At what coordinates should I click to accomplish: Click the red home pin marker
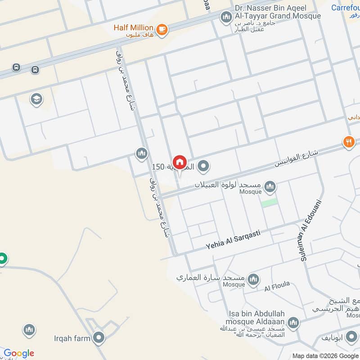pyautogui.click(x=180, y=162)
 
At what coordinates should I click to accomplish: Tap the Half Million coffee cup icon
pyautogui.click(x=162, y=30)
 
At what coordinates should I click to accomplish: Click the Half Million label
pyautogui.click(x=133, y=28)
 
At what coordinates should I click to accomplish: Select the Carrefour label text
pyautogui.click(x=345, y=8)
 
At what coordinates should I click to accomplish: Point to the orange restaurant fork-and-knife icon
pyautogui.click(x=349, y=142)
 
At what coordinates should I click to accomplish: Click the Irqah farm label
pyautogui.click(x=72, y=338)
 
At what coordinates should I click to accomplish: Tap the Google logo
pyautogui.click(x=19, y=353)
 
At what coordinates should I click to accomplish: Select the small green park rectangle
pyautogui.click(x=269, y=202)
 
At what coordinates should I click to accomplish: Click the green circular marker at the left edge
pyautogui.click(x=3, y=259)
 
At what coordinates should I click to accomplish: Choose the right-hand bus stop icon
pyautogui.click(x=35, y=70)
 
